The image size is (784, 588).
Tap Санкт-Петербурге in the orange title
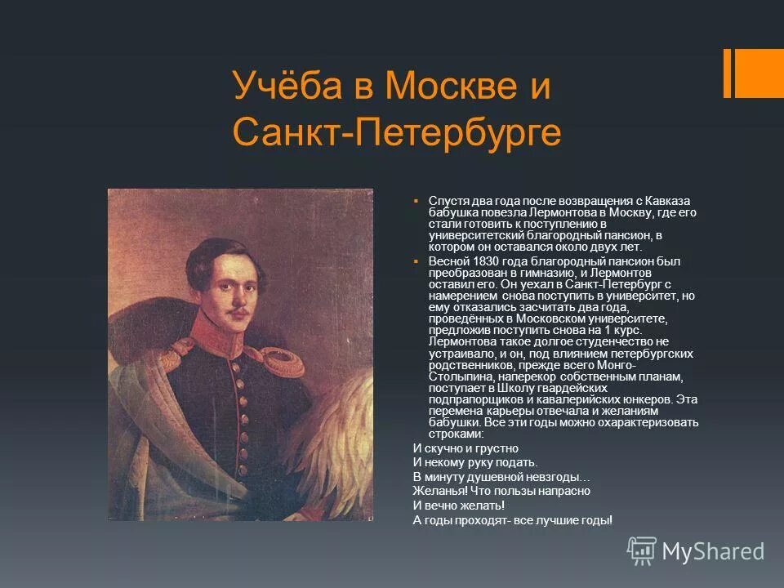[397, 132]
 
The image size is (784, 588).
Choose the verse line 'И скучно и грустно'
[465, 448]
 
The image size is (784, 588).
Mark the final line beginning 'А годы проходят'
[512, 519]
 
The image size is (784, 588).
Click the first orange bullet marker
[416, 201]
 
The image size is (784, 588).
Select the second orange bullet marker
[416, 261]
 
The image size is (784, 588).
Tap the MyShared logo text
[712, 551]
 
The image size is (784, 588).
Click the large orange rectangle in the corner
[759, 73]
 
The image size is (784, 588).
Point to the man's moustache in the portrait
[237, 312]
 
